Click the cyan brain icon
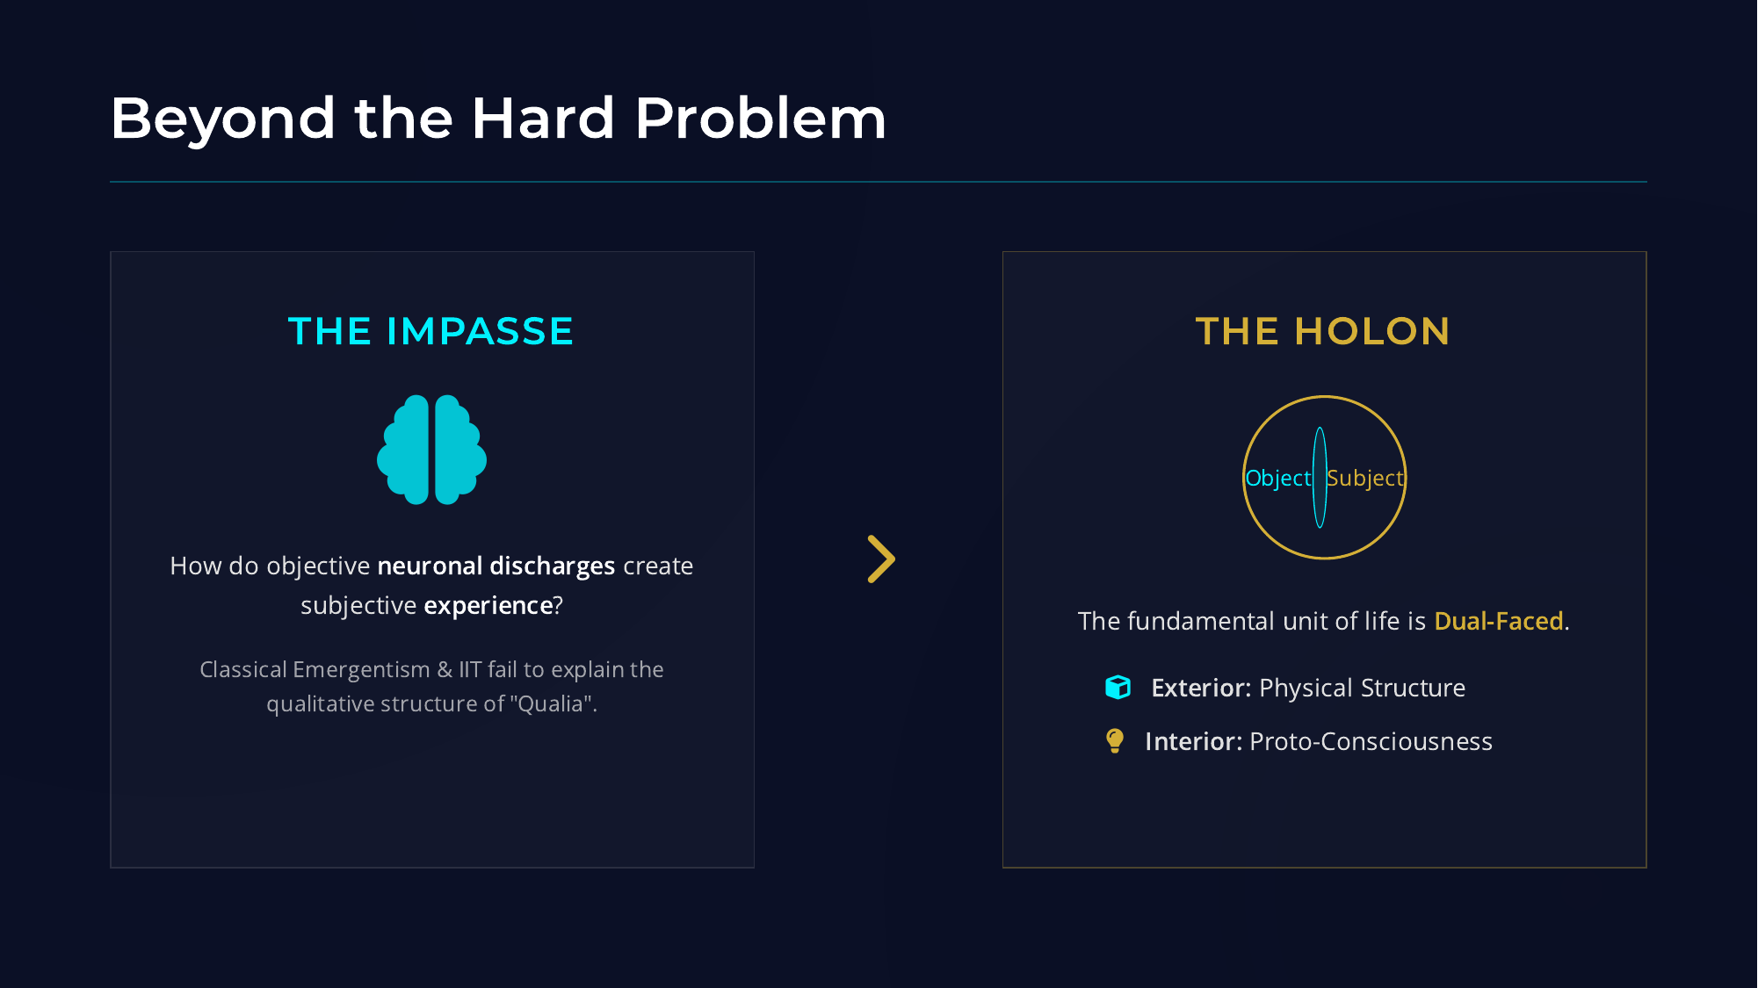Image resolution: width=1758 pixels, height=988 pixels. pos(431,450)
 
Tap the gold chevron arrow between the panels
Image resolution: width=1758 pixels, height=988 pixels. pos(881,559)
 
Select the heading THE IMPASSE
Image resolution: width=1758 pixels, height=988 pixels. pos(430,332)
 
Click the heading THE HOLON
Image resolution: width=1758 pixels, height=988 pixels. pos(1323,332)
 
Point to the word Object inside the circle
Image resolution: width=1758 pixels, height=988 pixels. pos(1277,479)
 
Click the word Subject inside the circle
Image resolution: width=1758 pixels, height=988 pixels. pos(1365,479)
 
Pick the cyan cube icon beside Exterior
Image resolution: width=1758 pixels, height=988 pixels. pos(1118,687)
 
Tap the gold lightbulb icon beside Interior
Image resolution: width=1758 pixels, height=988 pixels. pos(1115,740)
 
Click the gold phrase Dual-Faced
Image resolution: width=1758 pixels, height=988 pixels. pos(1499,622)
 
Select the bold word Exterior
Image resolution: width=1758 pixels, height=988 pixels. pos(1200,688)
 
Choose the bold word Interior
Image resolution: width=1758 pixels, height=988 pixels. pos(1192,742)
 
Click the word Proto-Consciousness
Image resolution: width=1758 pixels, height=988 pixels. pos(1371,742)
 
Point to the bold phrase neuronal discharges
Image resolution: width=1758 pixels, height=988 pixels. pos(496,566)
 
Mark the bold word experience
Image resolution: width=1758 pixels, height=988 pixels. pos(488,606)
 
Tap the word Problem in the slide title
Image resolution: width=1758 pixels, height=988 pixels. pos(760,119)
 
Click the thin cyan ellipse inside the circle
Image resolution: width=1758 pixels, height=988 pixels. pos(1320,448)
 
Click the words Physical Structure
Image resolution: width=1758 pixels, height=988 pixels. pos(1362,688)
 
